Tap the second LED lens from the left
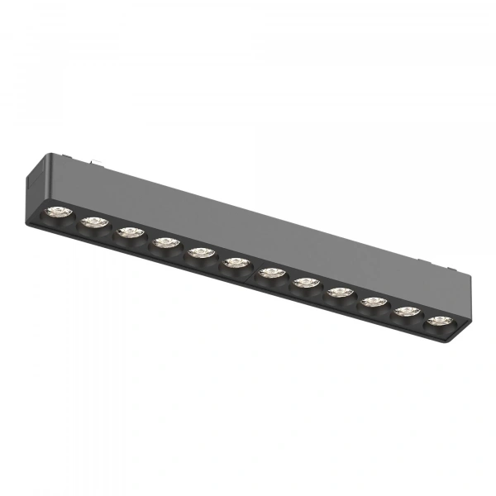94,222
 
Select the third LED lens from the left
130,232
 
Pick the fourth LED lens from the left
165,242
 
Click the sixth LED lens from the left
236,263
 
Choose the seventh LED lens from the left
271,272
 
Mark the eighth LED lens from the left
306,283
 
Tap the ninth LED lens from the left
340,292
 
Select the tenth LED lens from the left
374,302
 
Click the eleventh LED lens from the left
406,312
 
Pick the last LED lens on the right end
438,321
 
